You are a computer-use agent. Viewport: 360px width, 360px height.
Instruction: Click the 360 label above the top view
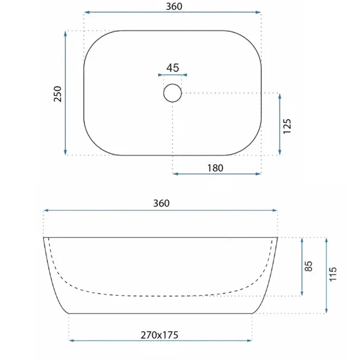coord(174,6)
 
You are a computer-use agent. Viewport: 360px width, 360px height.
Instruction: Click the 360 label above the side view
coord(161,203)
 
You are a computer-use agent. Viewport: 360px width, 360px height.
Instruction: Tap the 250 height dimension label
coord(57,94)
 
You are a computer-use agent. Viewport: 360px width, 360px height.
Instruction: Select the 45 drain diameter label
coord(173,68)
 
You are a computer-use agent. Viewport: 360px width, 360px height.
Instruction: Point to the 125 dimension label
coord(287,126)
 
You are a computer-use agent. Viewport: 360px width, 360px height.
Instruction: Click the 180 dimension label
coord(215,168)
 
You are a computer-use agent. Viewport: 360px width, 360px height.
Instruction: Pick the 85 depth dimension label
coord(309,266)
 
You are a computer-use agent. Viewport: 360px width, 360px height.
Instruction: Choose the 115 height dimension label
coord(332,274)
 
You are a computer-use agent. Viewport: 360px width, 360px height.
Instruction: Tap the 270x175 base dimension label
coord(159,335)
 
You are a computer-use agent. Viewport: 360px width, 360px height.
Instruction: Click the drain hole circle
coord(173,84)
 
